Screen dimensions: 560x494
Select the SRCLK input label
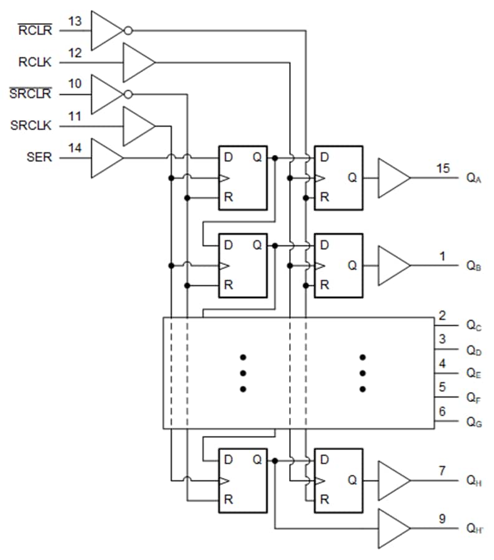(31, 126)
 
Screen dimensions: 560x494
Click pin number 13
(75, 21)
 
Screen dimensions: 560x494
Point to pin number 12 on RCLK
(75, 53)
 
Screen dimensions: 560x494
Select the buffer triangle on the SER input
(105, 158)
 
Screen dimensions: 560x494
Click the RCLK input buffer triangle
(137, 62)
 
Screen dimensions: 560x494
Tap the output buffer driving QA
(392, 178)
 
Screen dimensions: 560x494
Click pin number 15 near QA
(442, 168)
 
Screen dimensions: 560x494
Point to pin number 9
(442, 518)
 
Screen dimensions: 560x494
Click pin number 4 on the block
(442, 363)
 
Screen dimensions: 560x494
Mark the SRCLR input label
(31, 94)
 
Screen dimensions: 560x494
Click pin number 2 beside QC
(442, 315)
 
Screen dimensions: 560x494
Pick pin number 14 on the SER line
(75, 148)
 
